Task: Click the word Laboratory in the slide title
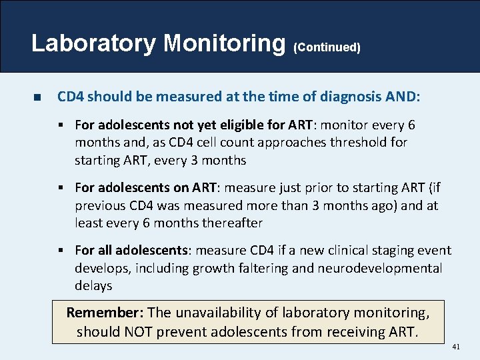[94, 43]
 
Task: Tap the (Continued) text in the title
[327, 47]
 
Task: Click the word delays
[93, 286]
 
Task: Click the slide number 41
[456, 347]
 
